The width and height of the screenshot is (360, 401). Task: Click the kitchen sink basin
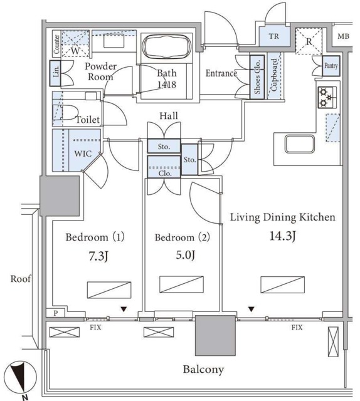coord(300,144)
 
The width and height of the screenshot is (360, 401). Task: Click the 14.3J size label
coord(283,236)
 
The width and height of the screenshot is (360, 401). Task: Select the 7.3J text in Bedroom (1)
coord(98,256)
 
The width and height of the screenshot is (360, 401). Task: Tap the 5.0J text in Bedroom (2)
coord(186,255)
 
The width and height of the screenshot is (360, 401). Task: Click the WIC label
coord(83,154)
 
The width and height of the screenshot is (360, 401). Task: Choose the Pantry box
coord(331,66)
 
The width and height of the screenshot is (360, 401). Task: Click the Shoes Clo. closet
coord(257,77)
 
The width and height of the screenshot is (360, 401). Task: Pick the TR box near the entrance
coord(274,36)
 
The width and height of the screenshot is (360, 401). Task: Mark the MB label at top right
coord(343,36)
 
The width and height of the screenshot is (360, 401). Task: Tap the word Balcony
coord(204,370)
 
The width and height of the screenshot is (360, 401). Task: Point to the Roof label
coord(21,278)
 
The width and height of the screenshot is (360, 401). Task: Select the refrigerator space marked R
coord(309,41)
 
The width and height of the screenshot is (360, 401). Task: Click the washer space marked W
coord(75,44)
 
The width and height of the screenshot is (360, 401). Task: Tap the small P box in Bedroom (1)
coord(56,313)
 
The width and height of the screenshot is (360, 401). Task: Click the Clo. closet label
coord(165,174)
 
